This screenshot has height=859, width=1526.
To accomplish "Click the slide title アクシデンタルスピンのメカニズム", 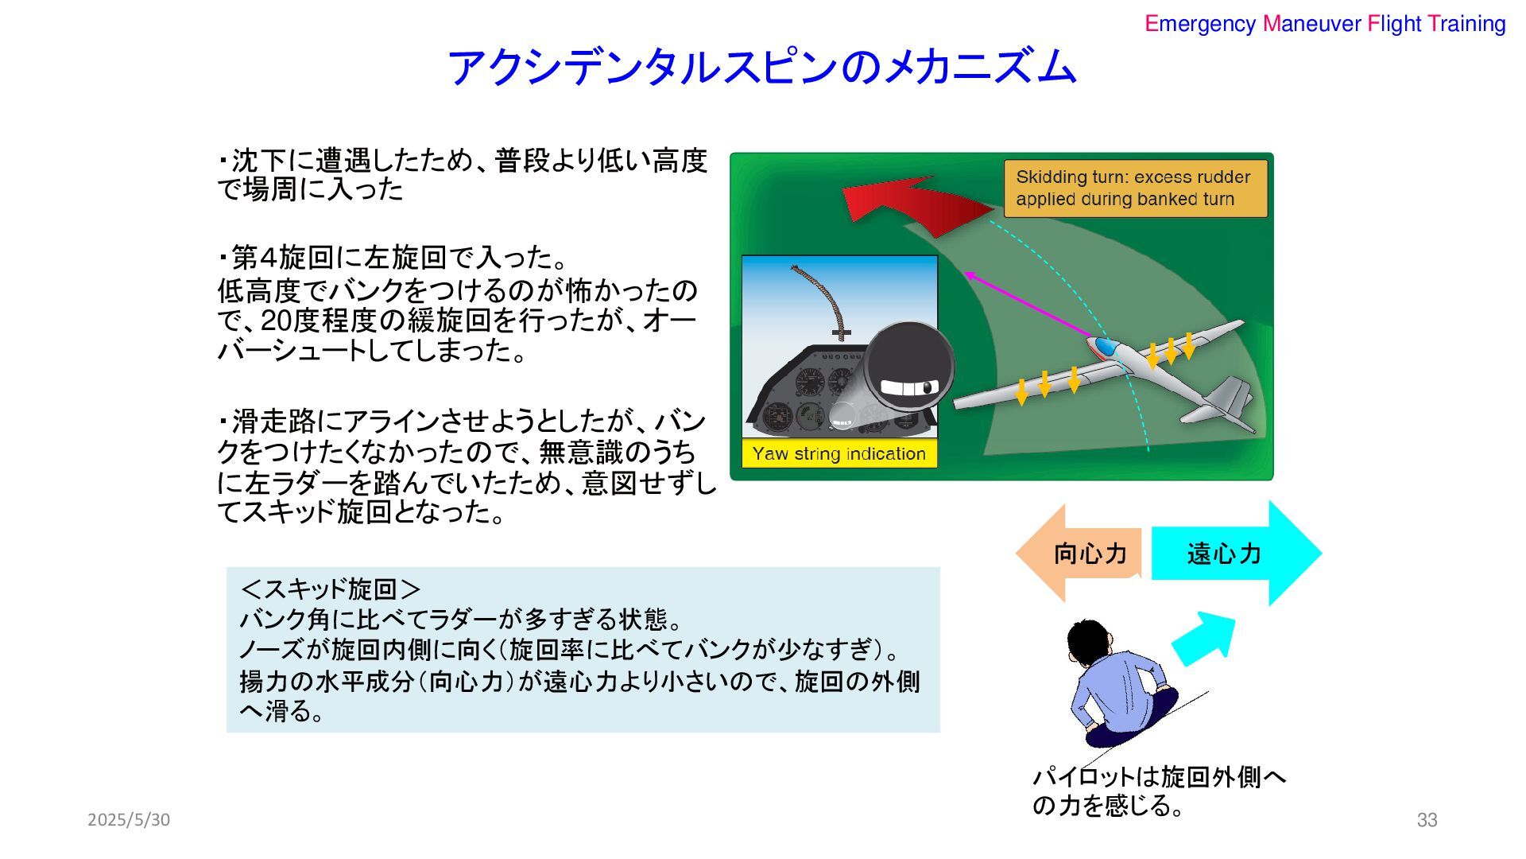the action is [761, 67].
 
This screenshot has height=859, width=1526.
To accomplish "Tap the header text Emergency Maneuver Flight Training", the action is [1325, 24].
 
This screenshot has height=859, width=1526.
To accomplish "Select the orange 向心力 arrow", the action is [1081, 554].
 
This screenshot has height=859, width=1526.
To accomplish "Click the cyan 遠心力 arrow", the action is [1232, 554].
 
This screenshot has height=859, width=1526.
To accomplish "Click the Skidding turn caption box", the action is [1135, 189].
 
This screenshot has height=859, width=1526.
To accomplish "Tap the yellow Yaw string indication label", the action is [839, 454].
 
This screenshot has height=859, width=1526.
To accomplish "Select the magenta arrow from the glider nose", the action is [1025, 304].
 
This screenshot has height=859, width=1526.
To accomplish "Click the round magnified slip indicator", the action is [909, 367].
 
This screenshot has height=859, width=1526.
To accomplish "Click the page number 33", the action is [1427, 820].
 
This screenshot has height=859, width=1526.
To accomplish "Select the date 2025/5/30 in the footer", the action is [129, 820].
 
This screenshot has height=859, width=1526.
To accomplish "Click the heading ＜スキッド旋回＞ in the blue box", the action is [331, 589].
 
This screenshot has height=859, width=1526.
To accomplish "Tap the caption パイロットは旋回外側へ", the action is [1159, 777].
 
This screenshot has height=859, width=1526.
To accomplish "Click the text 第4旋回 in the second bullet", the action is [281, 258].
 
